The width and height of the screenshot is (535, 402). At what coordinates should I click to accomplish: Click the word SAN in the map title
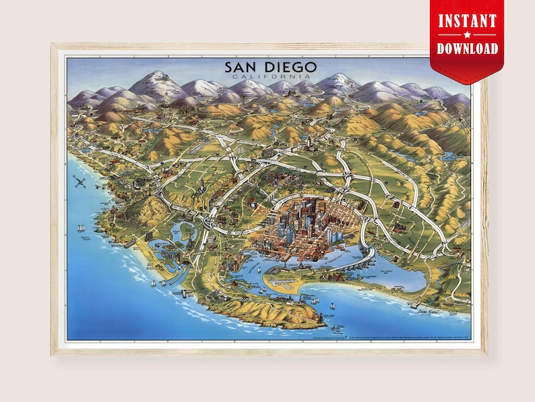[243, 68]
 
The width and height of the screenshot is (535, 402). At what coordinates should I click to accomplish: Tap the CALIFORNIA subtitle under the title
[269, 78]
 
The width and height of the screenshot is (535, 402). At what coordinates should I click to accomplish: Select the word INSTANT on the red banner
[468, 20]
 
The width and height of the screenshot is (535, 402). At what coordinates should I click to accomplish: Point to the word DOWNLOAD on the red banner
[468, 49]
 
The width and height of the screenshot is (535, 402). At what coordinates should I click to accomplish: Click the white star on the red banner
[468, 34]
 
